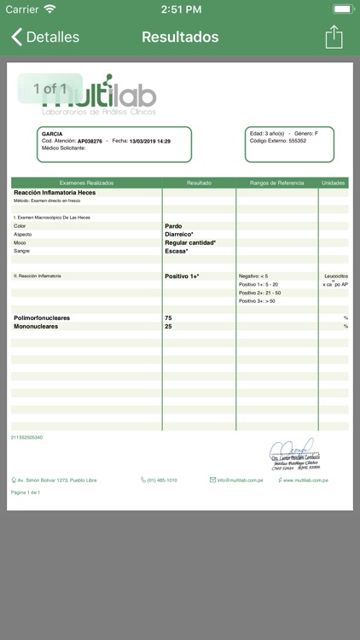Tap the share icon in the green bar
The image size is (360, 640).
click(334, 37)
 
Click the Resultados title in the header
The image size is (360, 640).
click(180, 38)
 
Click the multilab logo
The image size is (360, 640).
click(102, 94)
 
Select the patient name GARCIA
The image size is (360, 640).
click(52, 134)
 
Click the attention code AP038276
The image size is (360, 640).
click(90, 142)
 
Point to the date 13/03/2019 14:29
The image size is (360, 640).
click(150, 142)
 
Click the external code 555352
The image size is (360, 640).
click(297, 141)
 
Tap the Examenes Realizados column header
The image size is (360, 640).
click(86, 183)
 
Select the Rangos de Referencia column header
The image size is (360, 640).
click(276, 183)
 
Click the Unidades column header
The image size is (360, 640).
click(334, 183)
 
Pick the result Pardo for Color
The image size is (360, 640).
click(173, 226)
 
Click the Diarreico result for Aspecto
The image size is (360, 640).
click(179, 234)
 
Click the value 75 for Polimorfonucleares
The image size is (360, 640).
click(168, 318)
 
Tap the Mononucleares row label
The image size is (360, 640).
click(42, 326)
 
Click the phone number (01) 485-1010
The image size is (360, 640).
click(161, 480)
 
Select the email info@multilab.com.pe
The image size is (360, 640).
click(243, 480)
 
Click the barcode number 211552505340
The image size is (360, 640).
click(26, 438)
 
